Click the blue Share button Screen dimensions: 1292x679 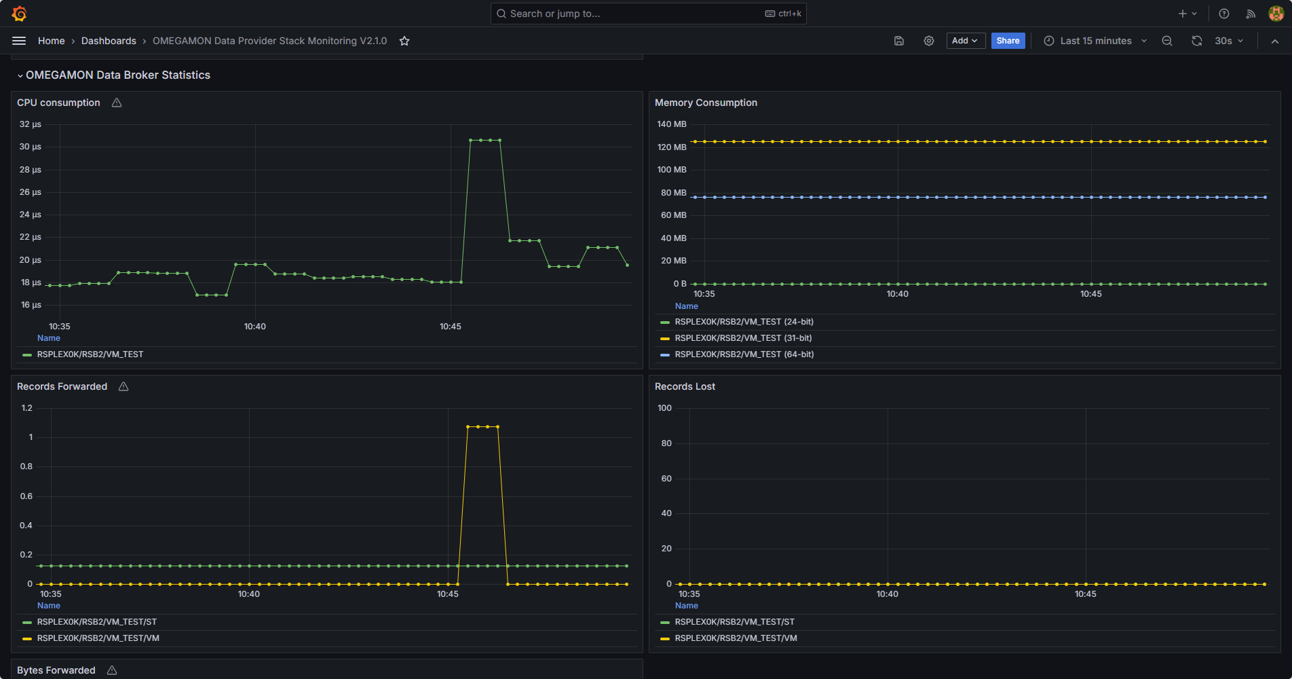coord(1008,41)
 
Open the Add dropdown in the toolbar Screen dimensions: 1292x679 coord(965,41)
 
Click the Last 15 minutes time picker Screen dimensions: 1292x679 coord(1095,41)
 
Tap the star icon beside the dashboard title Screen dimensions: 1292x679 coord(404,41)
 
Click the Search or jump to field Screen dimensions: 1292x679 coord(648,14)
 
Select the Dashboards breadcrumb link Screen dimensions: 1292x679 coord(109,41)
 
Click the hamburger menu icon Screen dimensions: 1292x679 coord(19,41)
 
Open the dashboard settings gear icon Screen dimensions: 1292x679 coord(929,41)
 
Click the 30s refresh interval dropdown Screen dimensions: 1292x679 coord(1228,41)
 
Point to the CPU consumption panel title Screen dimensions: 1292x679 coord(58,103)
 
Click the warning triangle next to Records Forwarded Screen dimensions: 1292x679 coord(123,386)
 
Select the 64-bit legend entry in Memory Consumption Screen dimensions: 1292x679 coord(744,354)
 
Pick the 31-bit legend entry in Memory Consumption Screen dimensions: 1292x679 coord(743,338)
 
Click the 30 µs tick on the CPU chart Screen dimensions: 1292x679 coord(30,147)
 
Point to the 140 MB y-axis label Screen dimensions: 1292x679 coord(672,124)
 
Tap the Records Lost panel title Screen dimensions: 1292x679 coord(685,386)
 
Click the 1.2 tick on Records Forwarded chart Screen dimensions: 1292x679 coord(27,408)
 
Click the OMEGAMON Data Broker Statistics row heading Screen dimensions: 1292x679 coord(118,75)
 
